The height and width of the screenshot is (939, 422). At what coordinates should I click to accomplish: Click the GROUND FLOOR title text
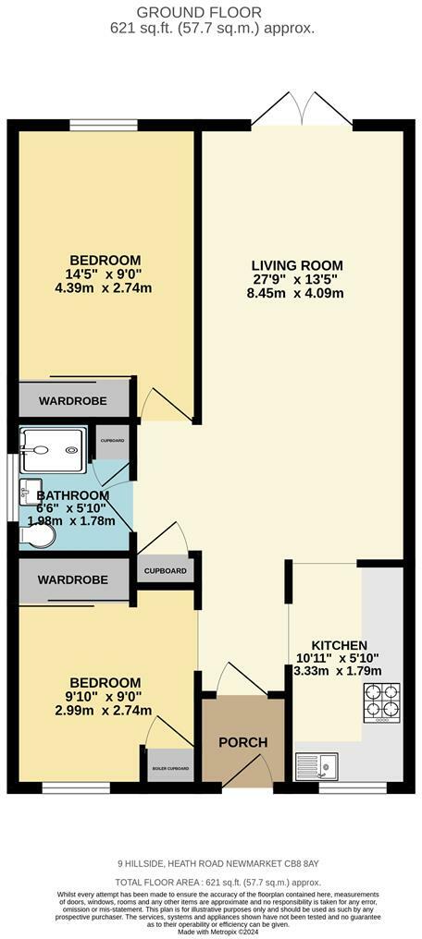point(211,12)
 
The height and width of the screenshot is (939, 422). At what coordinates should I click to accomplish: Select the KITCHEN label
point(339,645)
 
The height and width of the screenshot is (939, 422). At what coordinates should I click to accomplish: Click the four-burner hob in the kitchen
point(382,701)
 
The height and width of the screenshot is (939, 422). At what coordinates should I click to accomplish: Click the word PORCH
point(242,742)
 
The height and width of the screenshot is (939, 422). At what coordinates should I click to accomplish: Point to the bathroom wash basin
point(31,490)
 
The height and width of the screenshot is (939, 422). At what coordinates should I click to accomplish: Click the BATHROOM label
point(72,495)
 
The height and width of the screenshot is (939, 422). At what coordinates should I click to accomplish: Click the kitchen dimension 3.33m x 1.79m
point(339,672)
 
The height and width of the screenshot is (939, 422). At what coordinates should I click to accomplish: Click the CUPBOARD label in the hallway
point(167,571)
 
